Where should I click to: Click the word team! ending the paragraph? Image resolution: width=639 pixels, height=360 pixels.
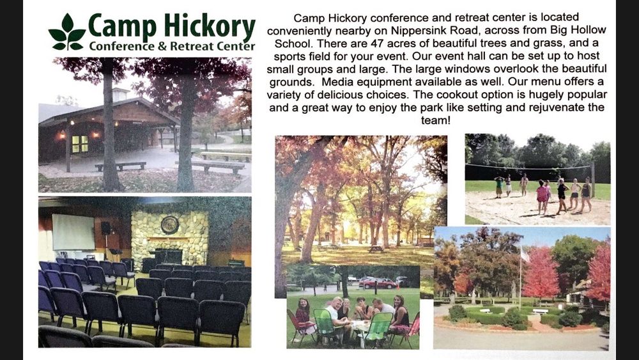click(x=436, y=120)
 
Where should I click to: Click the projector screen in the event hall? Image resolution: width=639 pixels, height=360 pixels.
click(x=73, y=232)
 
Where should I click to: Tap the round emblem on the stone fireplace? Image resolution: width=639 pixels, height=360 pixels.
click(x=169, y=224)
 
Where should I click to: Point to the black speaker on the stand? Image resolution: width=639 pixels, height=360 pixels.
click(x=105, y=228)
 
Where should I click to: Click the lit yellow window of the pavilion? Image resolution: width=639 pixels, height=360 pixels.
click(x=80, y=144)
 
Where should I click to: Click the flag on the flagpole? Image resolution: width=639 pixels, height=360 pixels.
click(x=525, y=255)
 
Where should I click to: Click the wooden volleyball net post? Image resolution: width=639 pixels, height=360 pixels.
click(x=592, y=180)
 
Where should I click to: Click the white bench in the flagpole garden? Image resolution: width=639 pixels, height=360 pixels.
click(x=540, y=311)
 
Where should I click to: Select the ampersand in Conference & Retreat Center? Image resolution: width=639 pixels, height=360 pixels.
click(x=162, y=46)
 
